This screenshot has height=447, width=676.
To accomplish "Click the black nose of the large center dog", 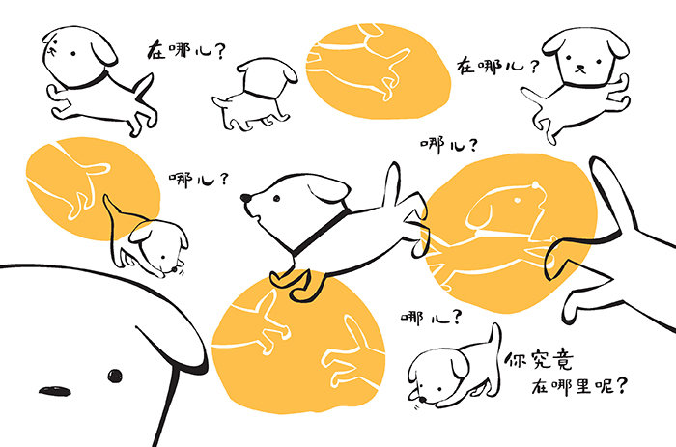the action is click(245, 198).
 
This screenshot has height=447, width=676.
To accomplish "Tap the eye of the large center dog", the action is click(276, 198).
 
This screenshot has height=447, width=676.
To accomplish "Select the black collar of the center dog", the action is click(320, 230).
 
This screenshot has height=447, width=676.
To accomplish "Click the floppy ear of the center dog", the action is click(329, 188).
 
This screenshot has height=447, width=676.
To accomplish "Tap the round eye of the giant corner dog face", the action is click(114, 376).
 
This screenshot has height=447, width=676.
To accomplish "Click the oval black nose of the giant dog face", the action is click(55, 391).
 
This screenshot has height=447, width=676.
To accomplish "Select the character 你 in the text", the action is click(516, 360).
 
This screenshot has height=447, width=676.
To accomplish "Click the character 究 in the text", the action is click(539, 360).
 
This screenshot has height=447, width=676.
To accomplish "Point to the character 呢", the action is click(604, 385).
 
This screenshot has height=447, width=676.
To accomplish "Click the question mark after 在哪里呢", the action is click(621, 385).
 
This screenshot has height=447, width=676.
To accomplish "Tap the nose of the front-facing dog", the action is click(580, 68).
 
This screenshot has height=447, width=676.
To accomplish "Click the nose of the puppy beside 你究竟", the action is click(423, 400).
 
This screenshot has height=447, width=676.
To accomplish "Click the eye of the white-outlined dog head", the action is click(517, 200).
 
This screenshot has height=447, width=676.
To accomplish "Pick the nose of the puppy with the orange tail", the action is click(174, 269).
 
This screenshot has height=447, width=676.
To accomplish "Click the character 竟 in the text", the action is click(562, 360).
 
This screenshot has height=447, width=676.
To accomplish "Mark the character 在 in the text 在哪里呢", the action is click(539, 386).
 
